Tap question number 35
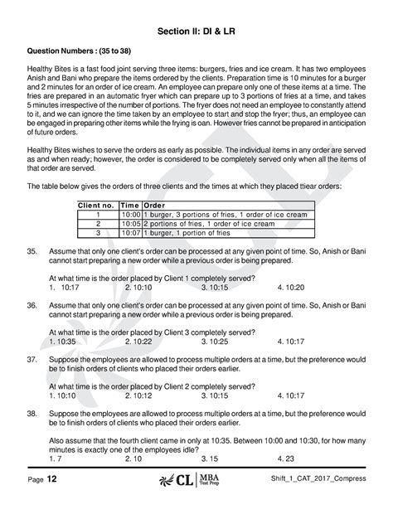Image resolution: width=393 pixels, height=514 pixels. click(x=32, y=250)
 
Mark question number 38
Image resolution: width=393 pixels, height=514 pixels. click(x=32, y=412)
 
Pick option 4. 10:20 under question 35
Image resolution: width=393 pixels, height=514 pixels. click(x=291, y=286)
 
